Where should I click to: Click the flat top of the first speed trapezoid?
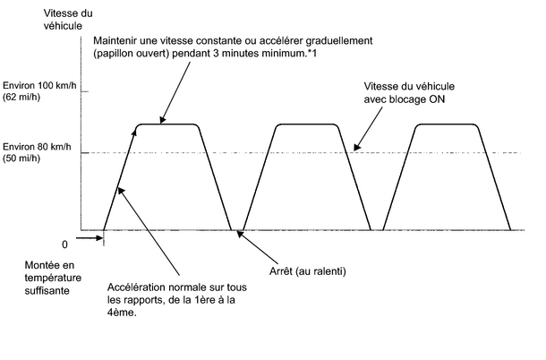(168, 124)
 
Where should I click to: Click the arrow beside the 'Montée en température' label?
(90, 239)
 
